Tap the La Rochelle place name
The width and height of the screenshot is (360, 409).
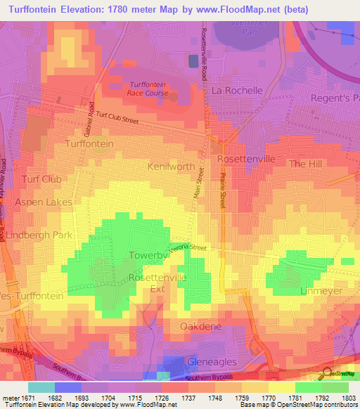coord(237,90)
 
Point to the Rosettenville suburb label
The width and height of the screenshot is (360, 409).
coord(246,160)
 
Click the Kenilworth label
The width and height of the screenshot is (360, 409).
coord(171,167)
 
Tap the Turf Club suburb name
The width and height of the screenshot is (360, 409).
coord(41,179)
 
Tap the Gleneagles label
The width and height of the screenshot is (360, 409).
coord(212,361)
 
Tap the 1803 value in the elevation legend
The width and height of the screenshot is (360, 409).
coord(347,397)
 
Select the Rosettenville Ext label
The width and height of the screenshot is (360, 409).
coord(156,283)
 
